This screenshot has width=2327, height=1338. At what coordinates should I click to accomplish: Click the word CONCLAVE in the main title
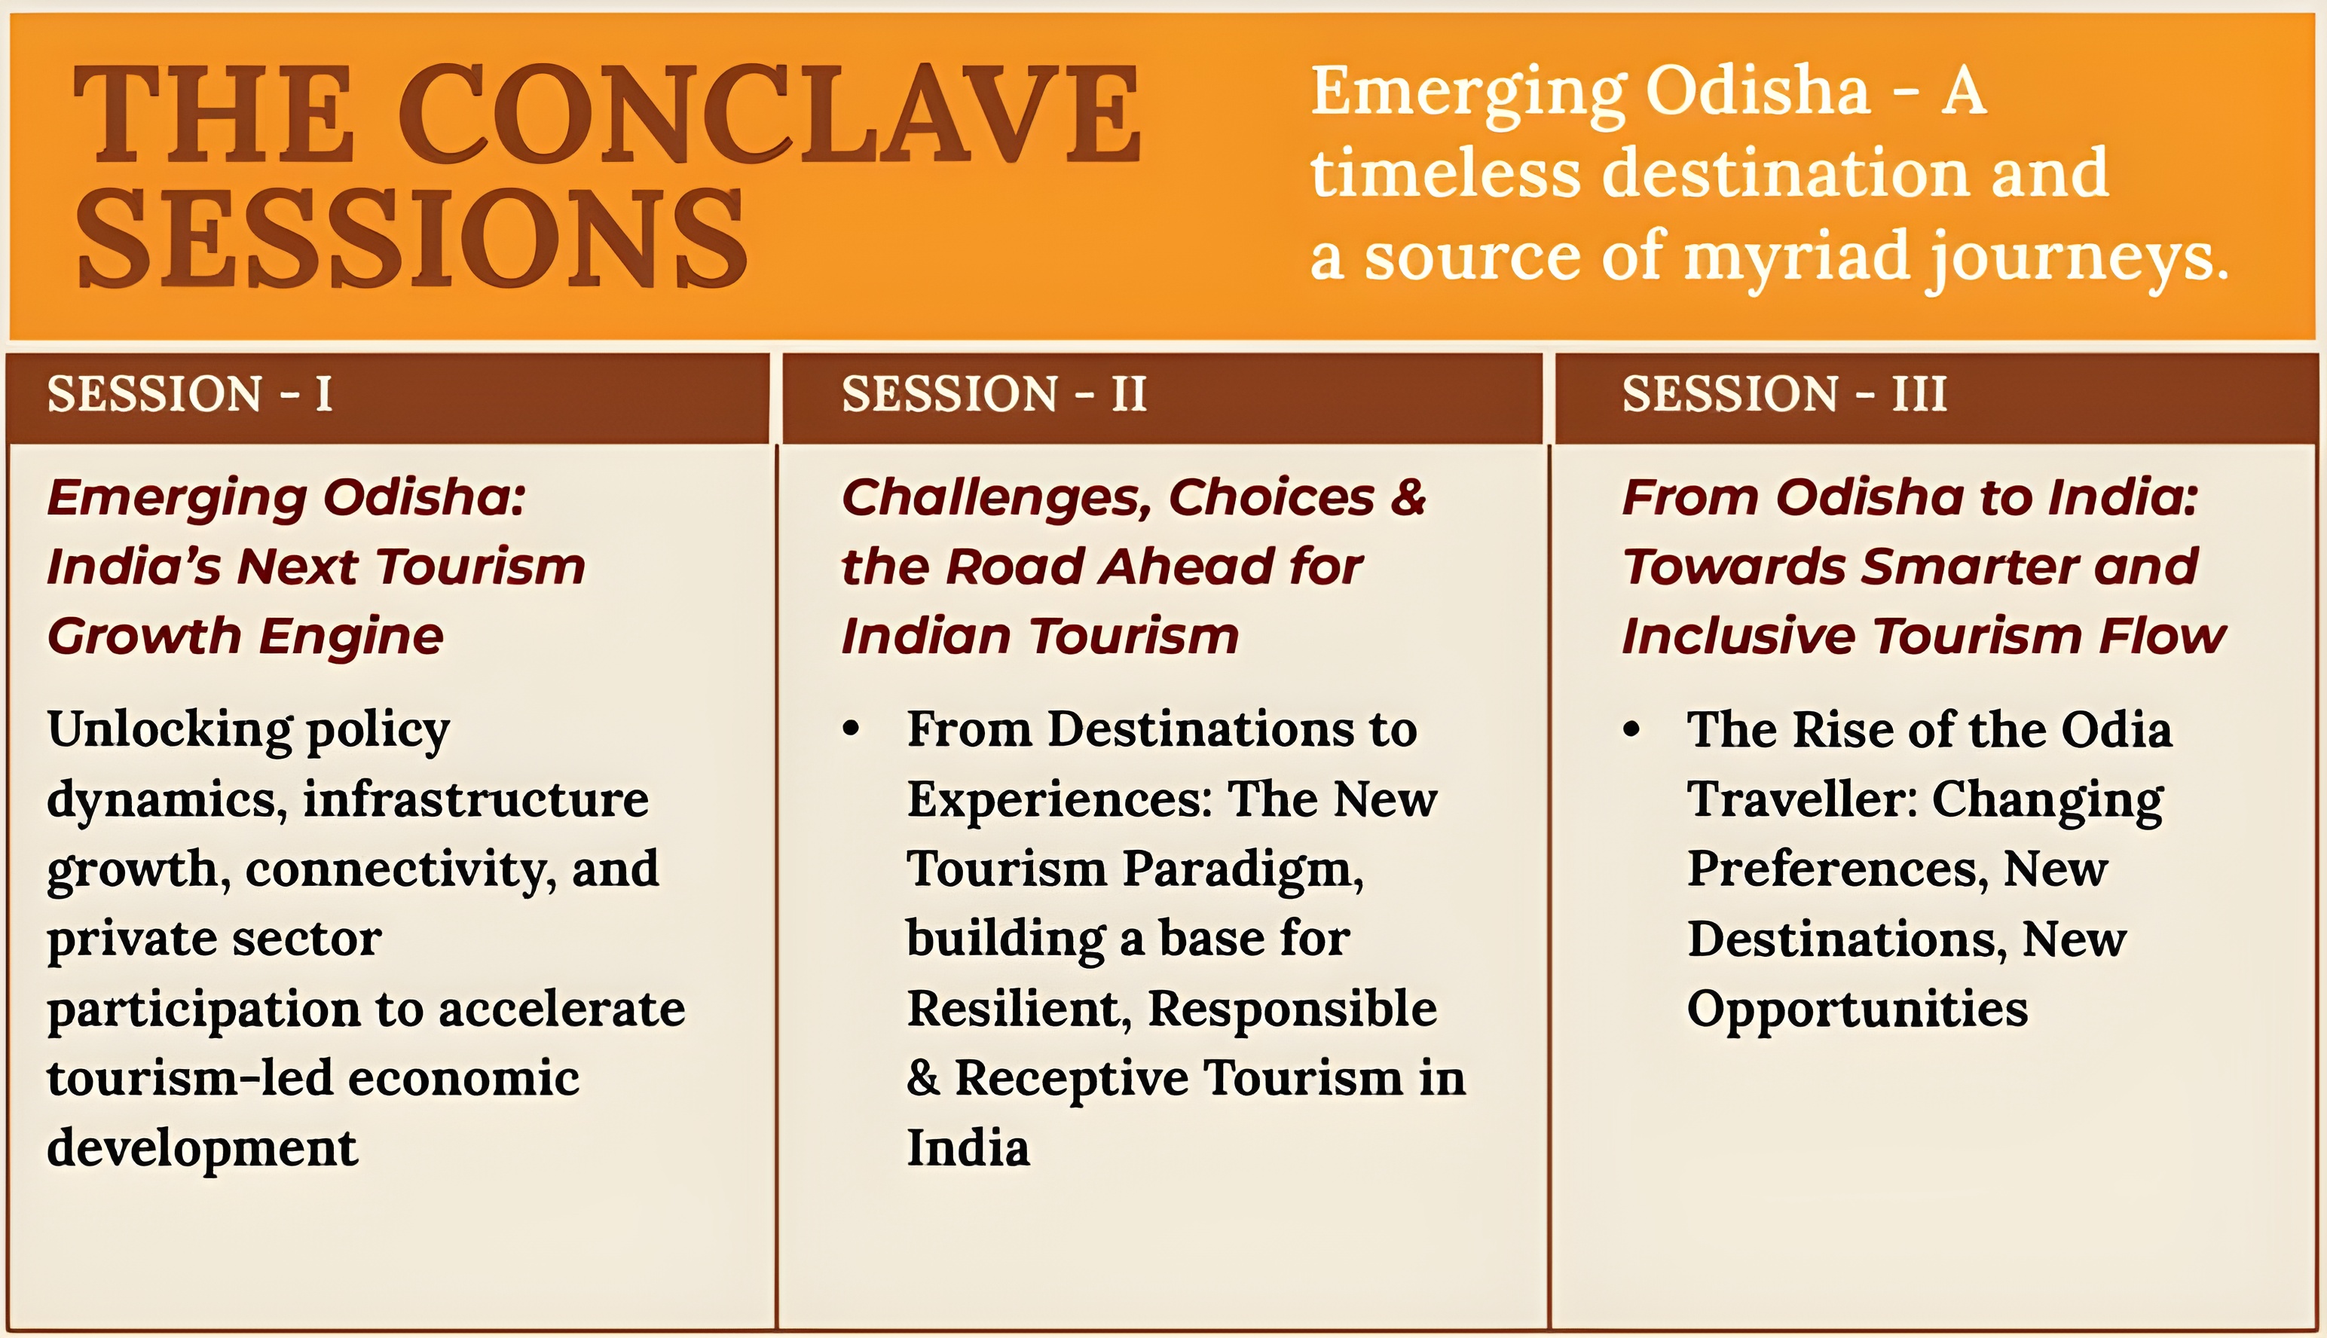point(769,115)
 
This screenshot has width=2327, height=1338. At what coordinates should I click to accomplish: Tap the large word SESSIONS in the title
point(411,238)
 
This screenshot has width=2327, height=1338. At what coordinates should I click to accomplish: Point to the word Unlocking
point(171,732)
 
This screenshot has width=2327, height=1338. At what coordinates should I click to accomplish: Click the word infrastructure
point(476,799)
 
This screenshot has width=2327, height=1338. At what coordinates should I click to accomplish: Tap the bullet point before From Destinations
point(851,729)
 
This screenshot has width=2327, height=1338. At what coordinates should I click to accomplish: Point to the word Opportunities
point(1858,1011)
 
